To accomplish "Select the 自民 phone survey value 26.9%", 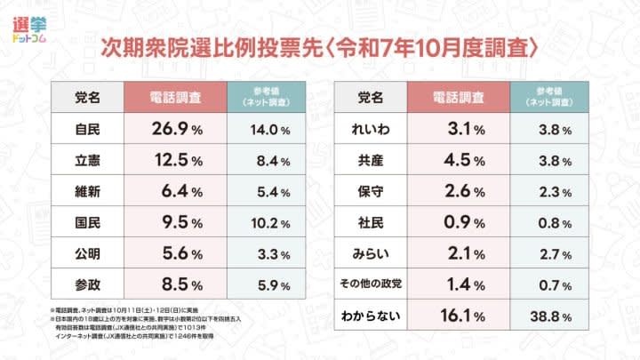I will click(x=172, y=129).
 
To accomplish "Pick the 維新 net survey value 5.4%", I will click(x=268, y=193).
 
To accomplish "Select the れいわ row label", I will click(x=370, y=129).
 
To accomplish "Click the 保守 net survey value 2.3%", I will click(x=552, y=193).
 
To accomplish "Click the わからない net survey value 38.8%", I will click(x=552, y=316).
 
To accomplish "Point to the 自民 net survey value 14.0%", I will click(x=268, y=129).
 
